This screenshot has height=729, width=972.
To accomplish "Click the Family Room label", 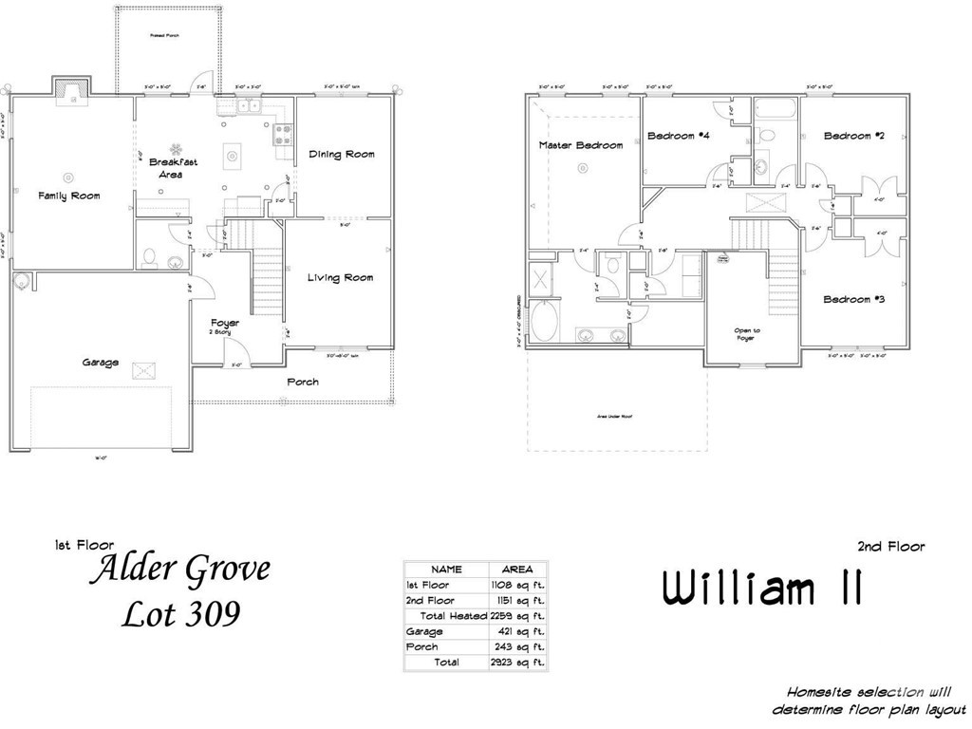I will coord(68,196).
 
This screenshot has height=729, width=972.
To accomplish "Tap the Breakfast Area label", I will coord(174,168).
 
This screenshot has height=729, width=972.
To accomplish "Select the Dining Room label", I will coord(342,154).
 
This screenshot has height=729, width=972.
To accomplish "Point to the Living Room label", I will coord(340,278).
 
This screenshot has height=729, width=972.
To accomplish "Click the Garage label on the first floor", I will coord(100,363).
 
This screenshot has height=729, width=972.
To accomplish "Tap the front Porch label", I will coord(302,382).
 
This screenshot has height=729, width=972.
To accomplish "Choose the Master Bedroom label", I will coord(581,145).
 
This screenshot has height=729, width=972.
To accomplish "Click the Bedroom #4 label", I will coord(679,136).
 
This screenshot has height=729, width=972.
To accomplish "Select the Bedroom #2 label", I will coord(854,136).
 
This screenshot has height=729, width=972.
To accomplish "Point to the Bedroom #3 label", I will coord(854,300).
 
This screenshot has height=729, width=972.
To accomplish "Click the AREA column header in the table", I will coord(517,570).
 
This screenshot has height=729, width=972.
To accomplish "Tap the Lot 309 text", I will coord(181,613).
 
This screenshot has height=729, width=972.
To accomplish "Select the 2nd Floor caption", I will coord(890,546).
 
